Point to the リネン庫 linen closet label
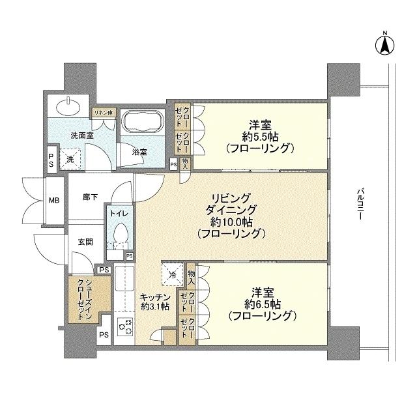click(102, 113)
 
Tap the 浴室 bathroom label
click(139, 152)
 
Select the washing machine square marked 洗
click(68, 156)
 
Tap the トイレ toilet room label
click(120, 213)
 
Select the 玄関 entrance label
click(85, 241)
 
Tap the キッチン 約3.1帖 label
click(154, 303)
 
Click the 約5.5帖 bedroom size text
click(259, 136)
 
